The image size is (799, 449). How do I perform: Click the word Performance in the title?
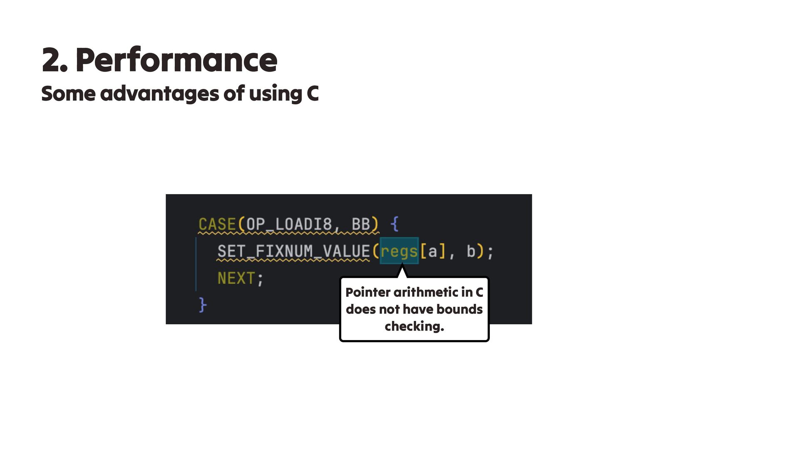[x=176, y=60]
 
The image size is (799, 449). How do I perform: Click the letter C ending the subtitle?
[x=313, y=94]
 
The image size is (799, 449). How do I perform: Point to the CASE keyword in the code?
[x=217, y=224]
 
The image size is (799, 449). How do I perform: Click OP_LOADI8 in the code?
[x=289, y=224]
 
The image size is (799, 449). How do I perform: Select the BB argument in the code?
[x=361, y=224]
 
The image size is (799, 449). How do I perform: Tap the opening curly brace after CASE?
[x=395, y=224]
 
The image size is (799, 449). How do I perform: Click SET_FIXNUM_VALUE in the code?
[x=293, y=252]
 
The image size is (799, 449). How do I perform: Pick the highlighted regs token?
[x=399, y=252]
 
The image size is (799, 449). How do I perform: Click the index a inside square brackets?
[x=433, y=252]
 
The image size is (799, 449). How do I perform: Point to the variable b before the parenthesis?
[x=471, y=252]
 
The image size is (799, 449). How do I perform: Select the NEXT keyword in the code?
[x=236, y=278]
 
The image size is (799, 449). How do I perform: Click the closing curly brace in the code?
[x=203, y=305]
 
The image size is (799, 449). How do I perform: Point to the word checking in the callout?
[x=414, y=326]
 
